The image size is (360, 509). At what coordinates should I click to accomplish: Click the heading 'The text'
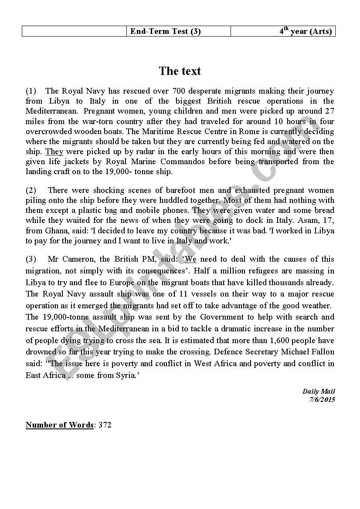(180, 71)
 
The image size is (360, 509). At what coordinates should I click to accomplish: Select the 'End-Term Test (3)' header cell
(165, 31)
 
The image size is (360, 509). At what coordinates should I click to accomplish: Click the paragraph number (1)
(31, 91)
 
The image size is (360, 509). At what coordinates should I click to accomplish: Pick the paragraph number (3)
(31, 259)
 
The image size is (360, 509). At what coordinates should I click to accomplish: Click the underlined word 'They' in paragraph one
(54, 152)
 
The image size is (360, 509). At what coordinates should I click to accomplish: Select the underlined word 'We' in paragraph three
(191, 259)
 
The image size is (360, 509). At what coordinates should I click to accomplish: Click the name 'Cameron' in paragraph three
(82, 259)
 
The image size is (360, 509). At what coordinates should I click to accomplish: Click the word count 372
(105, 425)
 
